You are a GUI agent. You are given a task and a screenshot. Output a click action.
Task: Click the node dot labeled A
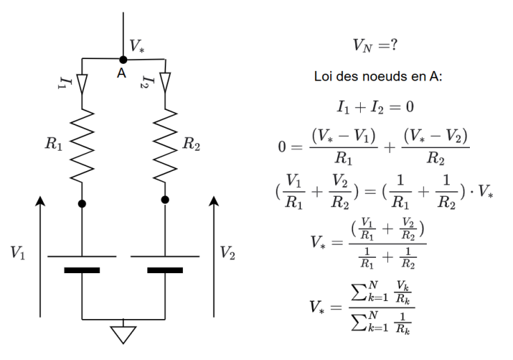tap(123, 60)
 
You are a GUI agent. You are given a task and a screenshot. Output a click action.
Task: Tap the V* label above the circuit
tap(138, 46)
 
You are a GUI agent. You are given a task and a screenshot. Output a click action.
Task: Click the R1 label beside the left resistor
tap(54, 144)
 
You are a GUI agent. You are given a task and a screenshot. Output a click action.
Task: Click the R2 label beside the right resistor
tap(193, 144)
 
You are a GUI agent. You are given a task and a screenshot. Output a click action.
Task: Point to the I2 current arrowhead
tap(165, 83)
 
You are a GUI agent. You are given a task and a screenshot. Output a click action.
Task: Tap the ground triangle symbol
tap(124, 335)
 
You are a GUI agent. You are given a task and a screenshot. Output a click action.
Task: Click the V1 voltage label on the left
tap(19, 252)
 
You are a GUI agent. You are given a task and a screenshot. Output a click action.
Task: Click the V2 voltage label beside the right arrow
tap(227, 252)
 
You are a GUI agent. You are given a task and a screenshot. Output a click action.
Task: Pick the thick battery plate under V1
tap(82, 270)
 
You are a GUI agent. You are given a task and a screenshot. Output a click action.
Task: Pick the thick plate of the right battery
tap(165, 270)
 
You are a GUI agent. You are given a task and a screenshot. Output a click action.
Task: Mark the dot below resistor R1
tap(82, 204)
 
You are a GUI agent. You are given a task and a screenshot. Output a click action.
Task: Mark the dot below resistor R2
tap(165, 199)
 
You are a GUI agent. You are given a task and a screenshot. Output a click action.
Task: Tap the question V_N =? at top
tap(375, 46)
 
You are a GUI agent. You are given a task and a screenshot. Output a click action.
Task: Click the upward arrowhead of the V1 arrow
tap(41, 202)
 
